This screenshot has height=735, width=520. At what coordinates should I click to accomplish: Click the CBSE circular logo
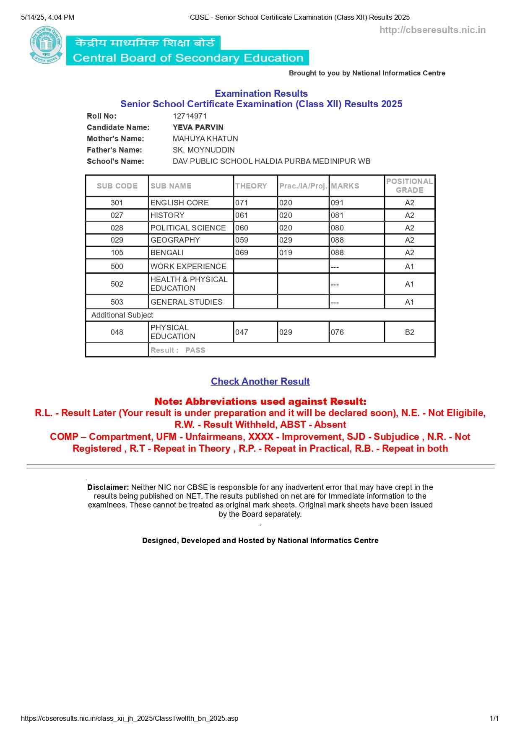click(46, 45)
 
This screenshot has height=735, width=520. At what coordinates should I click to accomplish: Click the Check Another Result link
click(260, 381)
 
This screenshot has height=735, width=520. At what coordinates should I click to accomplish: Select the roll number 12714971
click(190, 116)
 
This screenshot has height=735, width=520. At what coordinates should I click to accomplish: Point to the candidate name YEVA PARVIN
click(198, 127)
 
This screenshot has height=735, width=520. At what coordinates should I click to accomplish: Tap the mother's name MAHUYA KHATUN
click(205, 139)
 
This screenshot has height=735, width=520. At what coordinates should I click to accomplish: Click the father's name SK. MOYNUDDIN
click(203, 150)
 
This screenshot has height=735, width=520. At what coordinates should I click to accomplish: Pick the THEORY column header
click(251, 186)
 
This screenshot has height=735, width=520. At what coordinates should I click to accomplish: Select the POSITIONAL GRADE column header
click(409, 186)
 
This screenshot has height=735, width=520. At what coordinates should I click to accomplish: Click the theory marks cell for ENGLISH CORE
click(242, 203)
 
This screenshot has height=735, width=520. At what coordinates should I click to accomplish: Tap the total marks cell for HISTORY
click(337, 215)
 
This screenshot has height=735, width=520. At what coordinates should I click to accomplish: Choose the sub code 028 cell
click(117, 228)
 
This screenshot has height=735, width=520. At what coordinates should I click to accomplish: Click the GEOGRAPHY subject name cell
click(175, 240)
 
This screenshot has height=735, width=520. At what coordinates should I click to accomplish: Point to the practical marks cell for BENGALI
click(286, 253)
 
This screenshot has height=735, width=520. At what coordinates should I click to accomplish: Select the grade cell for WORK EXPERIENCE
click(409, 267)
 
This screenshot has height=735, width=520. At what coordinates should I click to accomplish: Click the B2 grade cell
click(409, 332)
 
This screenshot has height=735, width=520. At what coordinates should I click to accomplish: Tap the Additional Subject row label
click(122, 315)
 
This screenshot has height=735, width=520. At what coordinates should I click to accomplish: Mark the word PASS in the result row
click(195, 350)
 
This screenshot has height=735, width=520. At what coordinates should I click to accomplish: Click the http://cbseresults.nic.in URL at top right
click(432, 30)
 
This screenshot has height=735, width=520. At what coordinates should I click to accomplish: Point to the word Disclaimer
click(108, 487)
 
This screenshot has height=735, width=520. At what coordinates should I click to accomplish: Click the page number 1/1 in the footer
click(494, 718)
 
